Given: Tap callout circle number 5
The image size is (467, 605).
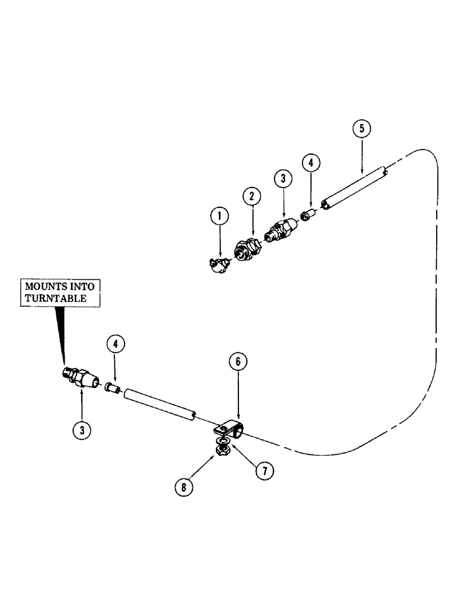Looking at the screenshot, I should [361, 129].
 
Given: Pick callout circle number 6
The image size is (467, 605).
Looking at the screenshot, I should [238, 362].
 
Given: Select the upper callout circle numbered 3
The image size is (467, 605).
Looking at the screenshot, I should [282, 180].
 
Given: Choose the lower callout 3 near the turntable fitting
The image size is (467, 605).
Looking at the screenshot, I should [82, 430].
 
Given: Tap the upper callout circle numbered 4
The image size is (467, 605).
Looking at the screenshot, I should [310, 163].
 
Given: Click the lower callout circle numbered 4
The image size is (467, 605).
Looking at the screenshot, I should [116, 344].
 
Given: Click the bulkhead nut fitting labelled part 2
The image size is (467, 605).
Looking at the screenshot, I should [249, 249].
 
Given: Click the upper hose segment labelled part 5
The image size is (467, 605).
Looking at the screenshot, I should [354, 188].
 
